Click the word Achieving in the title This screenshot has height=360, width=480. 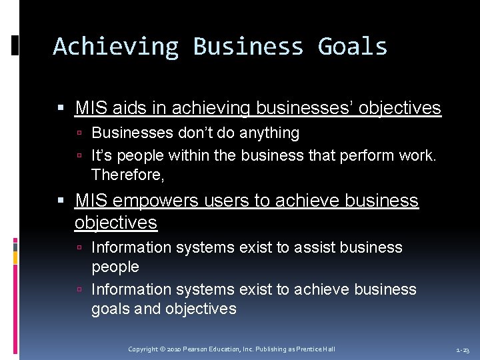115,47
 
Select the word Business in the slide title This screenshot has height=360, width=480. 248,47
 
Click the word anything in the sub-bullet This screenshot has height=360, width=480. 267,133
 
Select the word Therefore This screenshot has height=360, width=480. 127,175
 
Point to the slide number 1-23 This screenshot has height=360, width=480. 463,349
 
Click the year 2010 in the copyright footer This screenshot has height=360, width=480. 172,349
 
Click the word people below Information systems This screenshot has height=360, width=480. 115,267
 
